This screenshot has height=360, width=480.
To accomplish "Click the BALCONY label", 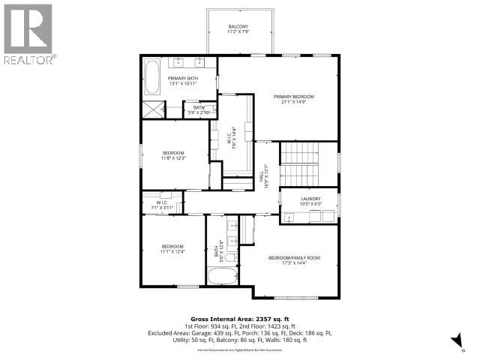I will pos(238,27).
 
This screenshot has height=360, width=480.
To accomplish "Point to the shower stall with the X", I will pos(156,109).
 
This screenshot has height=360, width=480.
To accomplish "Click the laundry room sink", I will pos(289,217).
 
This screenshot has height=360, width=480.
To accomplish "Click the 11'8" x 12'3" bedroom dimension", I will pos(172,158).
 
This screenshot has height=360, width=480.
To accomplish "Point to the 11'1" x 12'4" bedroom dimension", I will pos(172,252).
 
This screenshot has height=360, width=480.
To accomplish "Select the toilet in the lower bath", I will pos(232,257).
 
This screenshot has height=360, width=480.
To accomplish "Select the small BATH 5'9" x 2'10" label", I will pos(199,110).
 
